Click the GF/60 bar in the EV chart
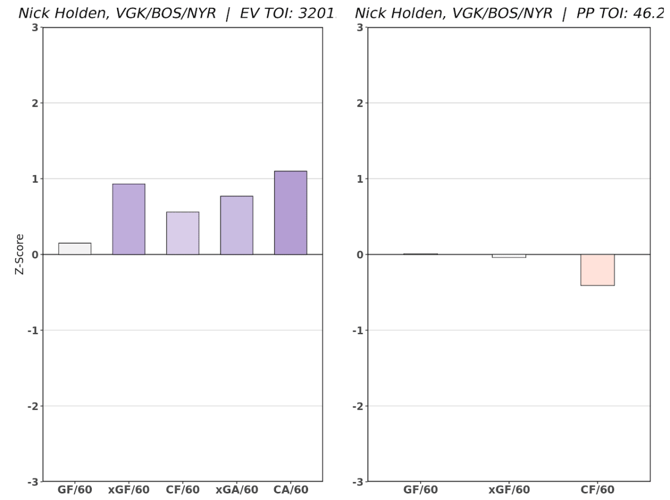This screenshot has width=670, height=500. [x=75, y=249]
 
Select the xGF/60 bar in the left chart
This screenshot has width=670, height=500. [x=128, y=219]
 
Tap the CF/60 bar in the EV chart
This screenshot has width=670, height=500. [x=183, y=233]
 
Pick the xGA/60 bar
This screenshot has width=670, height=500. [x=236, y=225]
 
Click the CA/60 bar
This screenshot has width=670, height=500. [x=290, y=212]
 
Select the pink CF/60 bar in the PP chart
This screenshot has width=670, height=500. [x=597, y=270]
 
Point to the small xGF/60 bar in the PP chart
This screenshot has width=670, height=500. [x=509, y=256]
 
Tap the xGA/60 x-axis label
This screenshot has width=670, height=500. [x=237, y=490]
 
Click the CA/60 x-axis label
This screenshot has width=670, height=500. [x=291, y=490]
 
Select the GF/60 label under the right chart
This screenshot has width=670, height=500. [x=420, y=490]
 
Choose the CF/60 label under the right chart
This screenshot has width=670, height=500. [x=597, y=490]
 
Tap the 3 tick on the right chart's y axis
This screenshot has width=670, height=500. [x=360, y=27]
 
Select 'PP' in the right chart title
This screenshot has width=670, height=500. [x=585, y=13]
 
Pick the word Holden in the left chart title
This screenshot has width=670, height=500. [x=73, y=13]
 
